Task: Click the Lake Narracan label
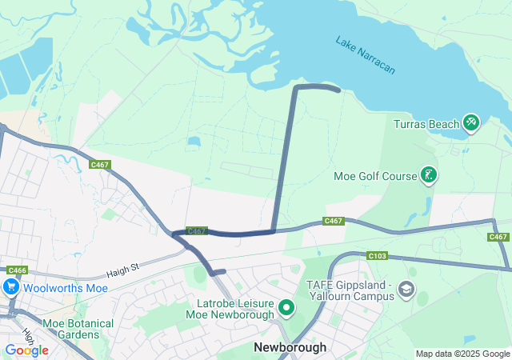point(366,55)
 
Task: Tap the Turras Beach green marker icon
point(471,122)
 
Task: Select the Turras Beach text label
point(426,124)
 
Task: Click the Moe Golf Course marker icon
point(429,175)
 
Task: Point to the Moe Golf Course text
point(375,176)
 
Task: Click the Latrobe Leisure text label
point(235,302)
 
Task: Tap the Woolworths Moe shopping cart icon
point(11,286)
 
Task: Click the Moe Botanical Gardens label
point(78,329)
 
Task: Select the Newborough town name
point(290,347)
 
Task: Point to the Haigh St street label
point(123,272)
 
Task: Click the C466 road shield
point(18,270)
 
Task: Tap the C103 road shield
point(378,256)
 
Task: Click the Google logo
point(26,350)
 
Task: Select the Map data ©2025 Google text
point(462,354)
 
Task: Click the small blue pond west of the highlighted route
point(194,142)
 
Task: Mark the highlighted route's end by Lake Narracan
point(339,90)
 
